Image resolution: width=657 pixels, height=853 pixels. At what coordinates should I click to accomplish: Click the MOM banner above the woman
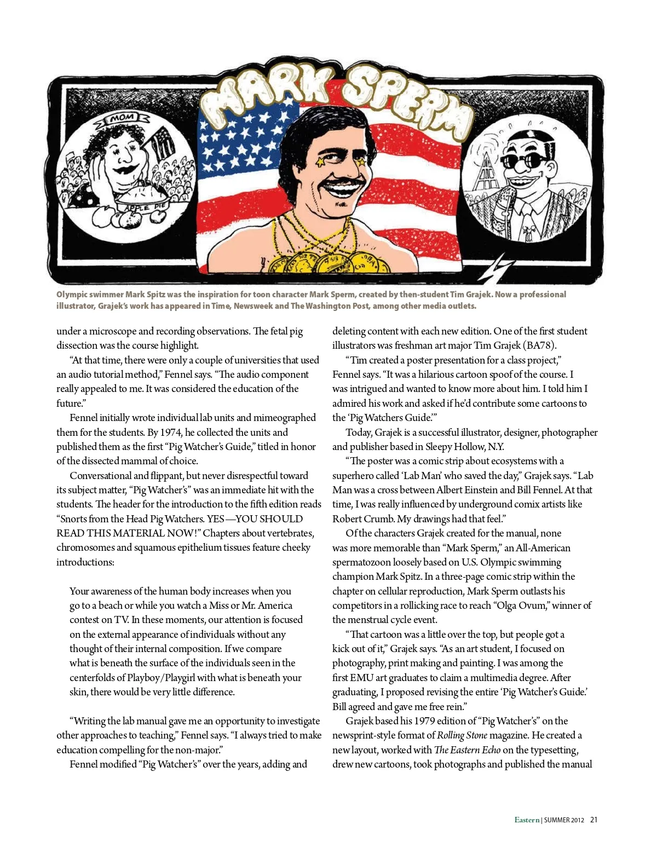pyautogui.click(x=122, y=117)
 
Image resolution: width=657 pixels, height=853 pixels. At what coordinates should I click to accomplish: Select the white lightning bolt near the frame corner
pyautogui.click(x=499, y=267)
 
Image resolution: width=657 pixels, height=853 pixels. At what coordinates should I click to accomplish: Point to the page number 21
pyautogui.click(x=594, y=820)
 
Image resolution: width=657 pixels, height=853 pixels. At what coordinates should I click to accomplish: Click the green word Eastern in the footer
pyautogui.click(x=527, y=820)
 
